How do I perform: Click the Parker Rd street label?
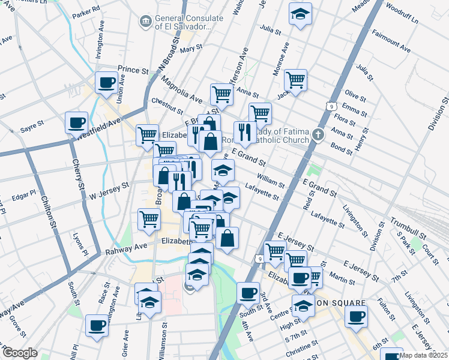click(86, 11)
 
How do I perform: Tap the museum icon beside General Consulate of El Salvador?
click(145, 22)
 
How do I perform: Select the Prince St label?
click(133, 71)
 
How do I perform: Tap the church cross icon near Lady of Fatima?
click(321, 134)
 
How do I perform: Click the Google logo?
click(20, 353)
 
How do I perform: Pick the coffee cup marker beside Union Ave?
click(107, 82)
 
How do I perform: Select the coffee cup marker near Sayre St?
click(77, 122)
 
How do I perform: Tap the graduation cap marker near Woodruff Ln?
click(300, 14)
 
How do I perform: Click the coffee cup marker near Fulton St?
click(357, 316)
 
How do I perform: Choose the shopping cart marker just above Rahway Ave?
click(149, 219)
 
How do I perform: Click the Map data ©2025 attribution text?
click(424, 355)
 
